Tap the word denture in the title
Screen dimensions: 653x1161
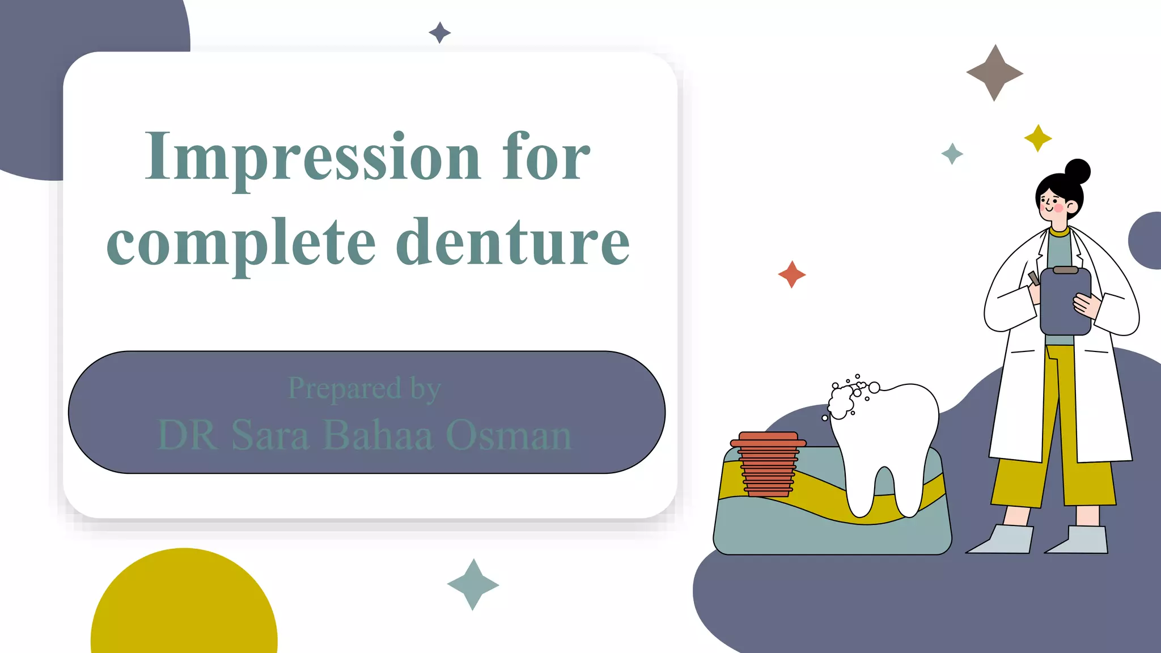point(512,243)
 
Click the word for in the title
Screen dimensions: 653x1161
point(545,156)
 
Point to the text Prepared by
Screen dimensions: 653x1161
point(364,389)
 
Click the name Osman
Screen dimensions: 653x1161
point(508,435)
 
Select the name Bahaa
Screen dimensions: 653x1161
point(378,435)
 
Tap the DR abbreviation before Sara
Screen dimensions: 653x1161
point(187,435)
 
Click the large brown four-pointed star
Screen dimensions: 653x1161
point(994,73)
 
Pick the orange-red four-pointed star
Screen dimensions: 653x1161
point(791,274)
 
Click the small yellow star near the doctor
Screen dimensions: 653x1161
point(1038,138)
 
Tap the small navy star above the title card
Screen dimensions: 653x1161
point(439,32)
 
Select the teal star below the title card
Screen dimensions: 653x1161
point(473,584)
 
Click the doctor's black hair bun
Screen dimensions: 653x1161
point(1077,171)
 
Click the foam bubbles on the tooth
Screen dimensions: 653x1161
point(845,399)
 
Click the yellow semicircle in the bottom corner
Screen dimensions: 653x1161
point(184,607)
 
